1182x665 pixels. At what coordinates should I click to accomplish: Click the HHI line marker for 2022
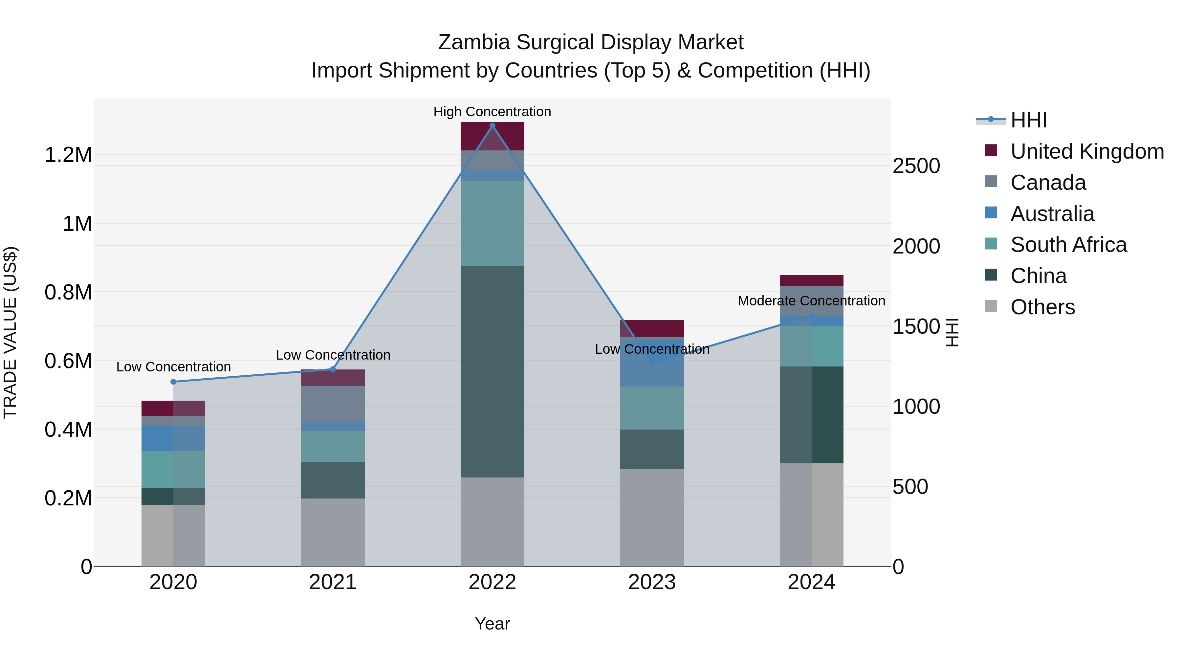(492, 126)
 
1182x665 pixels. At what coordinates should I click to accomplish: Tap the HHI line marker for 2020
(173, 382)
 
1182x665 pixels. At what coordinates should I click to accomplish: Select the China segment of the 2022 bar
(492, 372)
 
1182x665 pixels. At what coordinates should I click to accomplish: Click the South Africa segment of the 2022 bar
(492, 224)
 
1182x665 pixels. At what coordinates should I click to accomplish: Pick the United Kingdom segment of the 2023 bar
(652, 329)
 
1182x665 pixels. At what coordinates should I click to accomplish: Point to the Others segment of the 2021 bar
(333, 532)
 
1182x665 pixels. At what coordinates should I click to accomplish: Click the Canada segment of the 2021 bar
(333, 404)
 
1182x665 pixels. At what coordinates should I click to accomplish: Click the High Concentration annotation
(492, 112)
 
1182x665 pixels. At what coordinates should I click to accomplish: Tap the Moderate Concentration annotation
(811, 301)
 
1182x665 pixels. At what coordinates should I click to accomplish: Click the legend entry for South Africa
(1068, 245)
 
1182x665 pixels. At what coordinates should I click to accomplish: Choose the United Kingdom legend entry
(1086, 151)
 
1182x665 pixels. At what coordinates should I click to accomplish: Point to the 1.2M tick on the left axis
(68, 155)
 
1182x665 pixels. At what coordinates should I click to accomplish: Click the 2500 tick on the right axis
(916, 166)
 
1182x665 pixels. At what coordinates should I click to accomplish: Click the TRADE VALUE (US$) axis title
(10, 332)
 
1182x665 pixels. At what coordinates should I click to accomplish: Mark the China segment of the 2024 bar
(811, 415)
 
